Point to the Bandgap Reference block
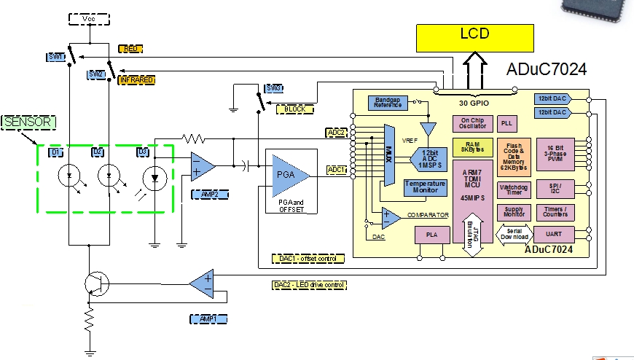[389, 103]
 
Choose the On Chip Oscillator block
[471, 124]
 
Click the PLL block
[507, 124]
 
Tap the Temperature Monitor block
[425, 187]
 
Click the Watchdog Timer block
[514, 190]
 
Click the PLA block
[431, 235]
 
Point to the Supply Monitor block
[514, 212]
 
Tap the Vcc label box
[87, 19]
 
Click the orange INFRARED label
[137, 79]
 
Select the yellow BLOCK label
[294, 109]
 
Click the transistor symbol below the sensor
[95, 282]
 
